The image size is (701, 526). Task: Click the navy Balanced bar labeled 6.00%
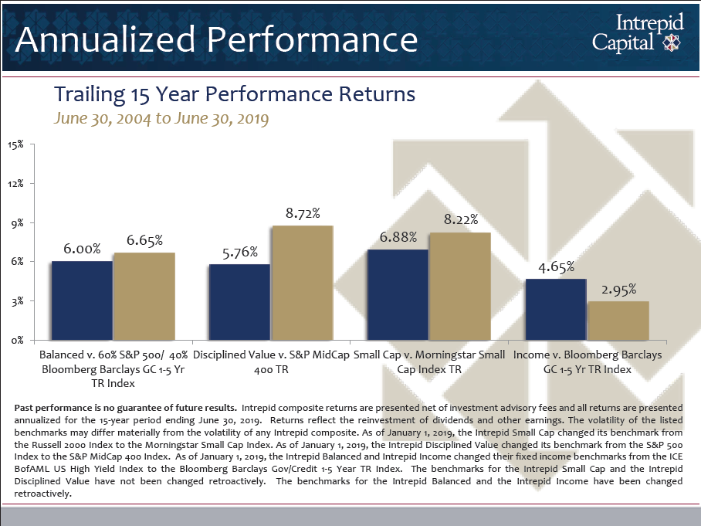tap(82, 300)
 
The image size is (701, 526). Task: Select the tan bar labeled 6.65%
tap(144, 296)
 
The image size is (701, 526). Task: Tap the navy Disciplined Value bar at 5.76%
tap(239, 302)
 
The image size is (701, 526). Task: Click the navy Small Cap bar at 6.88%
tap(398, 294)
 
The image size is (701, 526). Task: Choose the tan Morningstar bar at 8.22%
tap(459, 286)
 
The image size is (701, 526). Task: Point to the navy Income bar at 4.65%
tap(556, 309)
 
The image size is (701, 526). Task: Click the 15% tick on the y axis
tap(15, 144)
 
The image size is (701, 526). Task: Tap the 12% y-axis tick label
tap(15, 184)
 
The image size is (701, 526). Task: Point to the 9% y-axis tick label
tap(18, 222)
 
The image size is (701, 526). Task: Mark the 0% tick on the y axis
tap(18, 340)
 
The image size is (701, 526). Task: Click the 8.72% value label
tap(302, 212)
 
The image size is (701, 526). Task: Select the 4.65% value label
tap(556, 267)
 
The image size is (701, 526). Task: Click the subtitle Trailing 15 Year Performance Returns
tap(235, 94)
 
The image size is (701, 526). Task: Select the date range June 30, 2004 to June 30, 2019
tap(161, 119)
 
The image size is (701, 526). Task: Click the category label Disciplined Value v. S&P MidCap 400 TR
tap(271, 362)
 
